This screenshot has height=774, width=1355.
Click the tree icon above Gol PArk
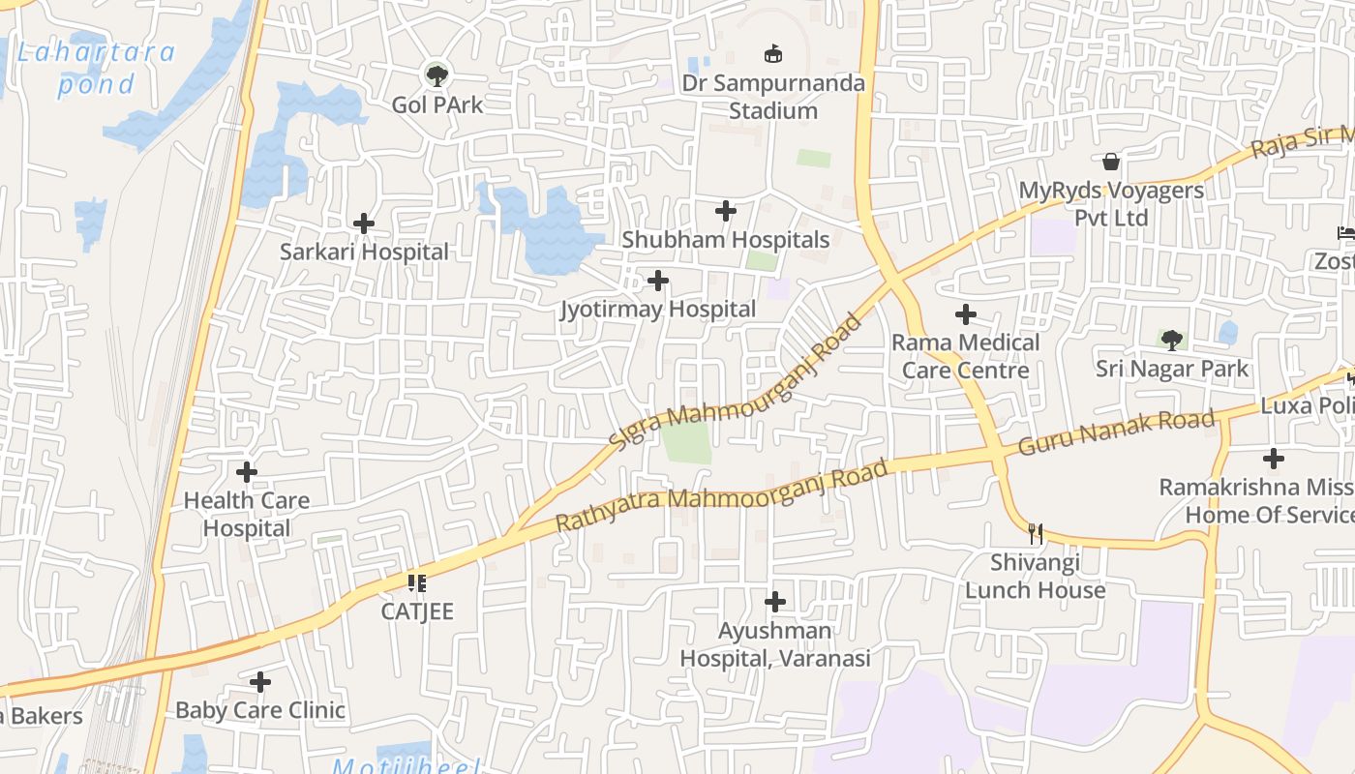click(x=437, y=74)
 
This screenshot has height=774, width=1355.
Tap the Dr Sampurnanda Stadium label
click(x=773, y=97)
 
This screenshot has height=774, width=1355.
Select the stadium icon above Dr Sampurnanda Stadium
click(x=773, y=53)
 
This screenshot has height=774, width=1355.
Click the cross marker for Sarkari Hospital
click(x=364, y=223)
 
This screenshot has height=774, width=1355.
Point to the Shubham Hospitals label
click(x=726, y=240)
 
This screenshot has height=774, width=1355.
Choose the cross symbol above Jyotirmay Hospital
click(x=658, y=281)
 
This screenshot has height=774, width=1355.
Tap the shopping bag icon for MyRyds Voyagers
click(x=1111, y=161)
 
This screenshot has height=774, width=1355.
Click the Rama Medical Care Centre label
click(x=965, y=356)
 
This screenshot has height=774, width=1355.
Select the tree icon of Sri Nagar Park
click(x=1172, y=340)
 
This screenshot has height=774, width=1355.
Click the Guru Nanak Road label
click(x=1116, y=432)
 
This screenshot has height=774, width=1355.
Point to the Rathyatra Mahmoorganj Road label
click(x=722, y=496)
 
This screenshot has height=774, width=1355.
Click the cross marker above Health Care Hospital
click(x=247, y=472)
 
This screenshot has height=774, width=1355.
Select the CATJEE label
click(x=417, y=611)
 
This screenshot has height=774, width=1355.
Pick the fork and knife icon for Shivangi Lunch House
click(x=1036, y=533)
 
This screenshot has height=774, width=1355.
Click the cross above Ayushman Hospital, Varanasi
click(x=775, y=602)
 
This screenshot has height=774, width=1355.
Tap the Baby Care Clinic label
click(x=260, y=710)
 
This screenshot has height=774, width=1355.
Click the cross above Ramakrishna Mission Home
click(x=1274, y=458)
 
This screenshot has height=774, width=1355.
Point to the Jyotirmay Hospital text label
click(x=658, y=310)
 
